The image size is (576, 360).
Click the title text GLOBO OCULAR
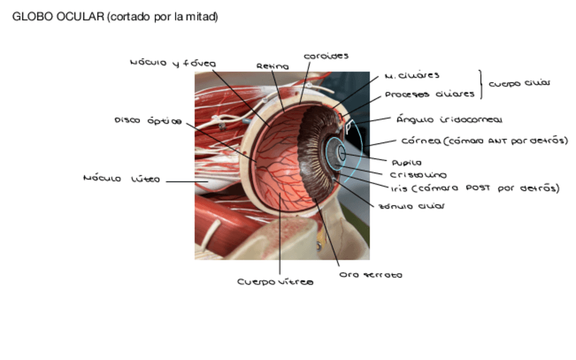pos(58,17)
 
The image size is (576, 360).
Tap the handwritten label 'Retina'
pos(272,67)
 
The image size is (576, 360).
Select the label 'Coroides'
pos(326,56)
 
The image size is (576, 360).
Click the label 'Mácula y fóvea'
pos(173,63)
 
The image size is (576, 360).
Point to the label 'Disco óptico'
pos(147,121)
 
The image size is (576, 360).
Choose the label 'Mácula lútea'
pos(121,179)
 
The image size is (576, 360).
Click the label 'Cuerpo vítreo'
pos(275,281)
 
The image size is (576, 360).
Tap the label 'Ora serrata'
pos(370,275)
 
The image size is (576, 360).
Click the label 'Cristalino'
pos(418,175)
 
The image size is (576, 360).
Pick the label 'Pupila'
pos(406,163)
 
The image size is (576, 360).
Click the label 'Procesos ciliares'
pos(426,94)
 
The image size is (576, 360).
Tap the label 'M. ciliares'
pos(412,75)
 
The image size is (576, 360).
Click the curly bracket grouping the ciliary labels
pos(483,84)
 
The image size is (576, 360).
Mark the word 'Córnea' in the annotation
pos(420,141)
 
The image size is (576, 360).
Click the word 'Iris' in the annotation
pos(399,189)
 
